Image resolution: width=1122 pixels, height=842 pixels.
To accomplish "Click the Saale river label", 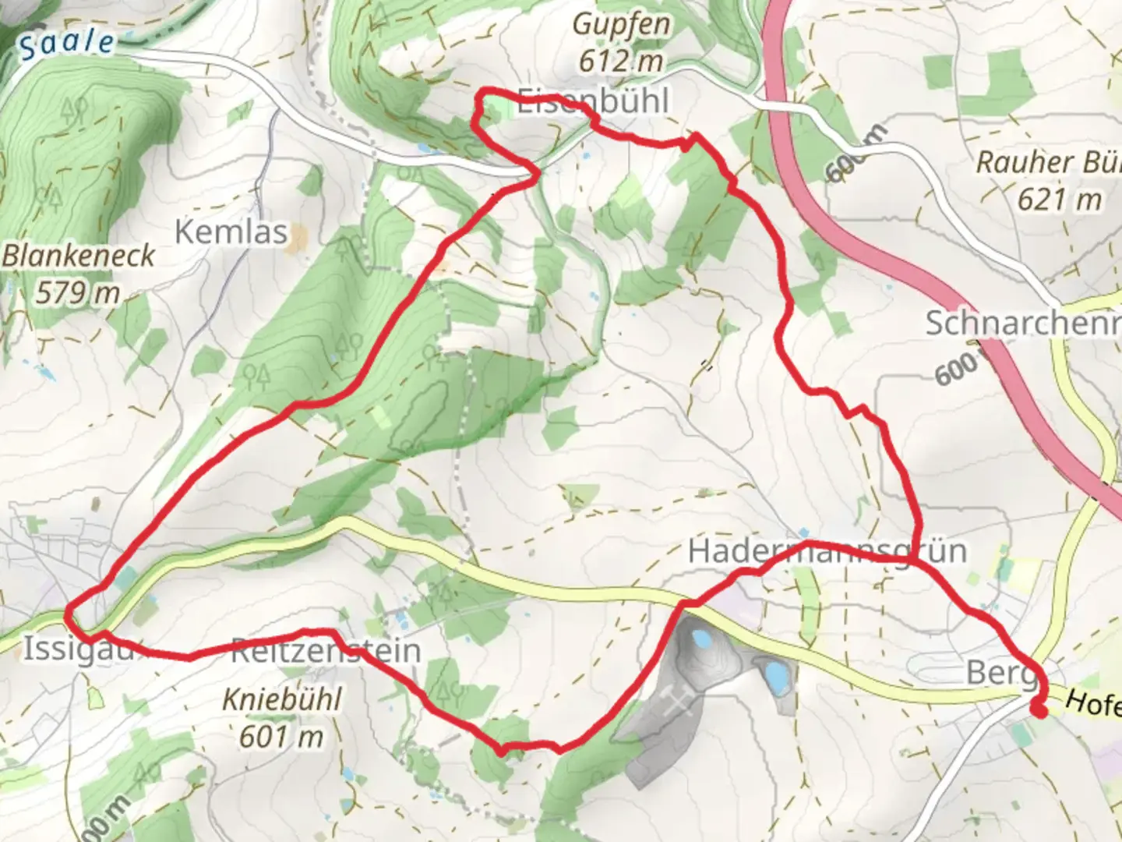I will pyautogui.click(x=66, y=44).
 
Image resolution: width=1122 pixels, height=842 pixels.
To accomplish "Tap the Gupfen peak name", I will pyautogui.click(x=621, y=24).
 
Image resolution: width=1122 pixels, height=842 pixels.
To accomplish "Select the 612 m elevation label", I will pyautogui.click(x=621, y=60).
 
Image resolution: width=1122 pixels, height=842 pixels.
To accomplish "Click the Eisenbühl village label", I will pyautogui.click(x=593, y=101).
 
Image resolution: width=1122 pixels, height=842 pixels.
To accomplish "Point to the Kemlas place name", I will pyautogui.click(x=231, y=232).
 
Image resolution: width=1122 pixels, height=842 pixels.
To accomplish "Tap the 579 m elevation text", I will pyautogui.click(x=78, y=292).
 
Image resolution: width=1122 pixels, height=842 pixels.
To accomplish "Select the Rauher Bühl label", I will pyautogui.click(x=1048, y=162).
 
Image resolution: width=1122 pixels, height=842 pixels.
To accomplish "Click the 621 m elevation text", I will pyautogui.click(x=1059, y=200).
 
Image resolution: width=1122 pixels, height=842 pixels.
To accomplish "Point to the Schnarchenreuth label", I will pyautogui.click(x=1022, y=323).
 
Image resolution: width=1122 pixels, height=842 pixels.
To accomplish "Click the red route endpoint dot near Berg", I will pyautogui.click(x=1039, y=709).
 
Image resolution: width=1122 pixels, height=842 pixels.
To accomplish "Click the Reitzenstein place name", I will pyautogui.click(x=326, y=651).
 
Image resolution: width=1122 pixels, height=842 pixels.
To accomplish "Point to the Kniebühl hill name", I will pyautogui.click(x=282, y=699).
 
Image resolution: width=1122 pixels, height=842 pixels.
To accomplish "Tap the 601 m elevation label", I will pyautogui.click(x=281, y=735).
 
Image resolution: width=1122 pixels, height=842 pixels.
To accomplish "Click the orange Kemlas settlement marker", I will pyautogui.click(x=296, y=243).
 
